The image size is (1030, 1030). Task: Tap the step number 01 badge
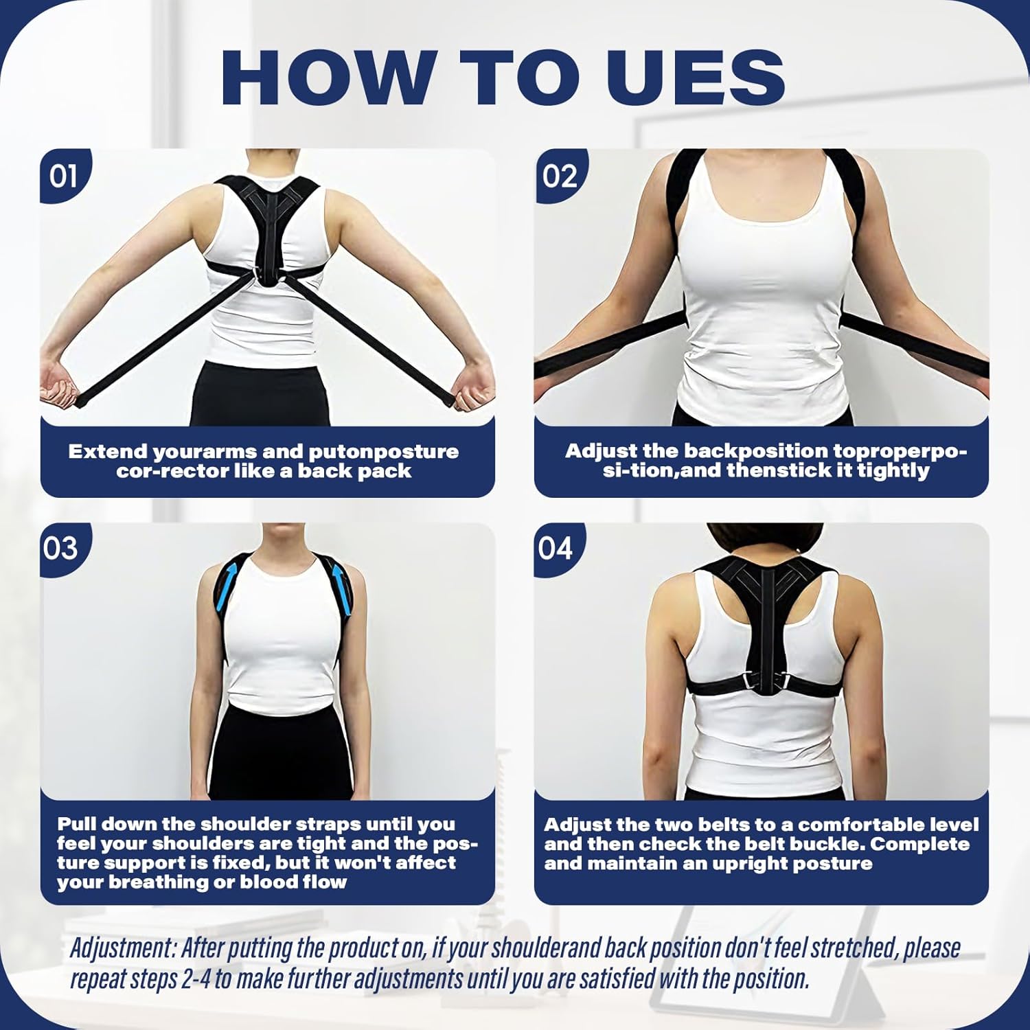[x=63, y=176]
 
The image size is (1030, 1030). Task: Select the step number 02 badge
[x=559, y=176]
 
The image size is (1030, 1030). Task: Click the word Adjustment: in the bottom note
[x=123, y=948]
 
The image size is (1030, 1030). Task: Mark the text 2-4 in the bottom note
[x=197, y=979]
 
